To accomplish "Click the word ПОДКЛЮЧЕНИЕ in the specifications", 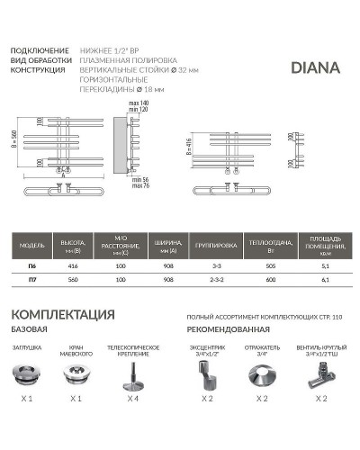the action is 40,49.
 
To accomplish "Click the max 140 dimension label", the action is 139,104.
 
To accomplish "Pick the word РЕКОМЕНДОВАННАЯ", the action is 230,330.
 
